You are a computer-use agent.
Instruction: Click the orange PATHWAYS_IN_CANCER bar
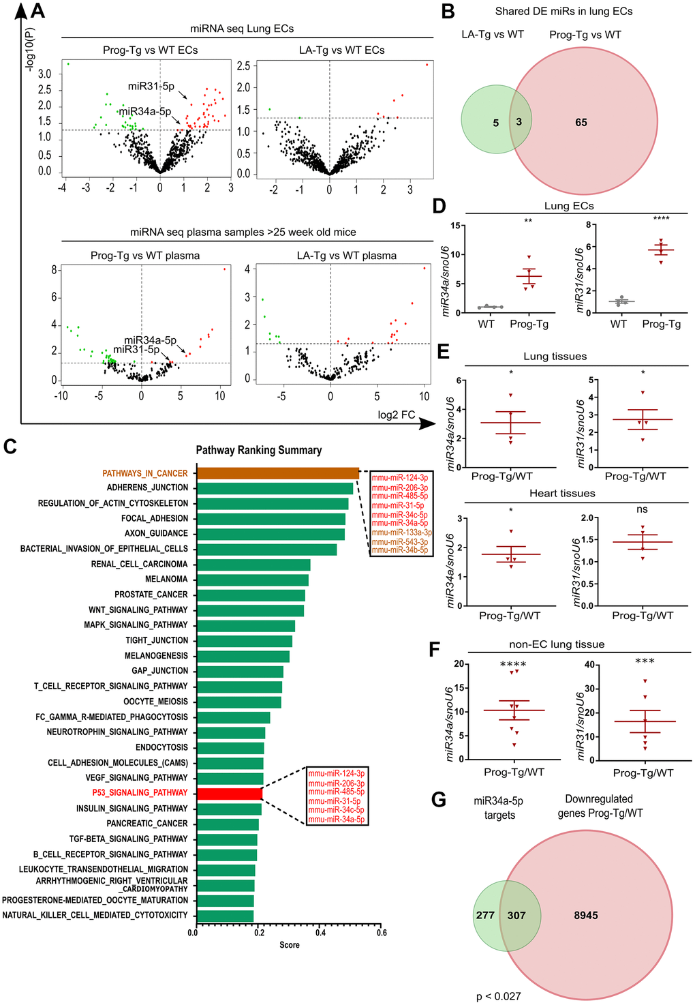pyautogui.click(x=278, y=473)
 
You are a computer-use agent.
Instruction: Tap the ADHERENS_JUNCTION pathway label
pyautogui.click(x=147, y=488)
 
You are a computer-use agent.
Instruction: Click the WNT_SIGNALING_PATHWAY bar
pyautogui.click(x=250, y=610)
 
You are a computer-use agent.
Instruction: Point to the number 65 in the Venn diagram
pyautogui.click(x=581, y=123)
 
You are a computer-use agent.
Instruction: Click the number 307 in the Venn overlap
pyautogui.click(x=516, y=915)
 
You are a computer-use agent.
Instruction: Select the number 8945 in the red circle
pyautogui.click(x=586, y=915)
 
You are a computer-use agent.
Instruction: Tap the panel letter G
pyautogui.click(x=439, y=799)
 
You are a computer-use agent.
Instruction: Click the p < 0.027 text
pyautogui.click(x=499, y=996)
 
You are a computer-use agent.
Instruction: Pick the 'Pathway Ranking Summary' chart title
pyautogui.click(x=259, y=450)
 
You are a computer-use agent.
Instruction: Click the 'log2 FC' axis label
pyautogui.click(x=397, y=415)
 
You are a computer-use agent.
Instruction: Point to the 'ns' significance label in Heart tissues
pyautogui.click(x=642, y=509)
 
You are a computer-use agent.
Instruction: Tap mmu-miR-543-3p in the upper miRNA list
pyautogui.click(x=400, y=542)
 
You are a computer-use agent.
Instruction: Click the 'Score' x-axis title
pyautogui.click(x=290, y=945)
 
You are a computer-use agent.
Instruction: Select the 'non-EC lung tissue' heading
pyautogui.click(x=557, y=644)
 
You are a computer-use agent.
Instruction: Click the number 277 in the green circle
pyautogui.click(x=485, y=915)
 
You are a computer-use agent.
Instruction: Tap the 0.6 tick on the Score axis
pyautogui.click(x=382, y=933)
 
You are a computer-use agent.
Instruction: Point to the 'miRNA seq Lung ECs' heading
pyautogui.click(x=242, y=29)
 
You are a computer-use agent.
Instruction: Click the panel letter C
pyautogui.click(x=10, y=447)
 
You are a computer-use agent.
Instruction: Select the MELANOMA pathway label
pyautogui.click(x=166, y=580)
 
